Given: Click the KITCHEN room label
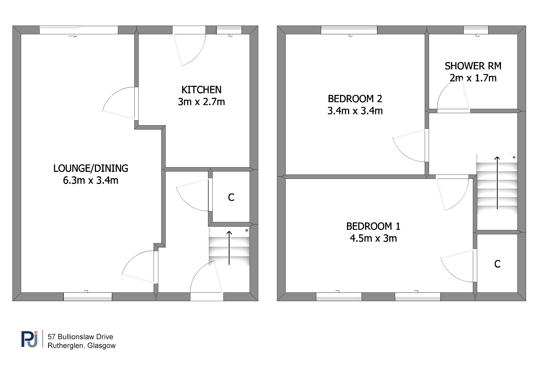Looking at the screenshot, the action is click(x=201, y=90).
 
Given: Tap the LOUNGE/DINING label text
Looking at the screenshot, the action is click(x=91, y=168).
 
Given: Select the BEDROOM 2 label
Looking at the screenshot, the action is click(x=355, y=99).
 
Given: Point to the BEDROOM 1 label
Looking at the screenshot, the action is click(x=373, y=226).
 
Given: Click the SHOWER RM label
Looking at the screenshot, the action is click(x=473, y=66).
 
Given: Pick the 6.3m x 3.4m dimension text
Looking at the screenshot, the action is click(x=91, y=180).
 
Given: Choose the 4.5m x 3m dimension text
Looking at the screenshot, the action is click(x=373, y=238).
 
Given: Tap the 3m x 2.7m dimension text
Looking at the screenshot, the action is click(x=201, y=102).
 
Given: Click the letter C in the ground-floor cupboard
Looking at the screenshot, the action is click(x=231, y=197).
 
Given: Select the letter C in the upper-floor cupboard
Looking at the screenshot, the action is click(x=497, y=264).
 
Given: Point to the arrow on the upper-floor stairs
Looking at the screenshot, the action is click(x=497, y=183).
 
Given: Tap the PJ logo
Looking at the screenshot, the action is click(x=29, y=339).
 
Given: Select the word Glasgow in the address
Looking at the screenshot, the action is click(x=101, y=346).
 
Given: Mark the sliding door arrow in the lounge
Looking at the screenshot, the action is click(x=73, y=37).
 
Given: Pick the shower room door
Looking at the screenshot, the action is click(x=454, y=95).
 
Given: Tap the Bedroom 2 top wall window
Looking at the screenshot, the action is click(x=349, y=30).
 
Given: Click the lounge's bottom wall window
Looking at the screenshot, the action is click(x=88, y=296).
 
